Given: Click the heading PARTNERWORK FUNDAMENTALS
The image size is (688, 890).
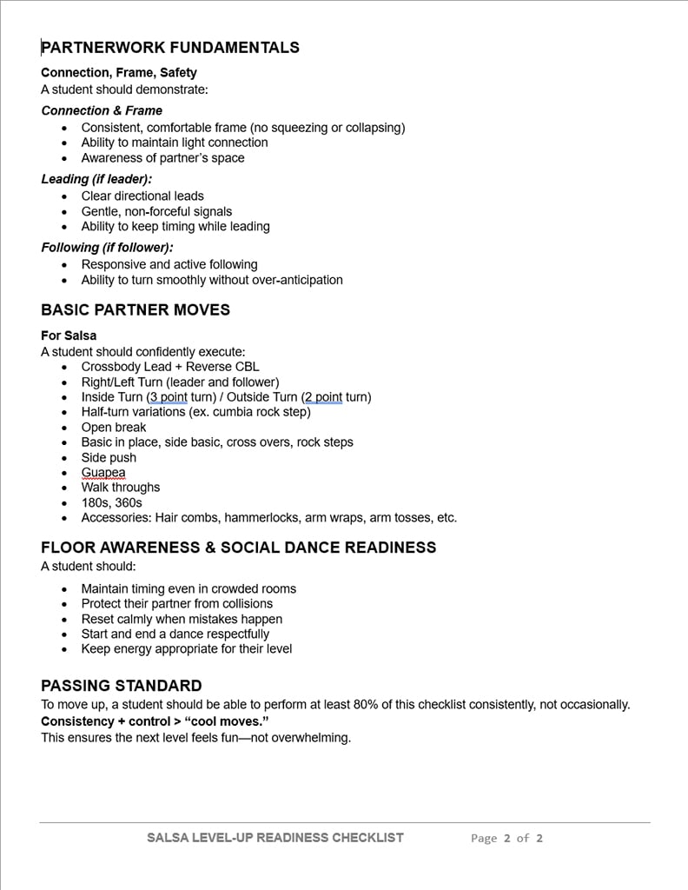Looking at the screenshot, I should pos(170,48).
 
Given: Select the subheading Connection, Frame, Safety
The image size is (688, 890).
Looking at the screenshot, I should pos(119,73).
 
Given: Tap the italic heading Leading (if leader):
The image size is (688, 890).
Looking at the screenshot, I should pos(96,179).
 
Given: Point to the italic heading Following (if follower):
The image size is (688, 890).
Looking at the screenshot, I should pos(107,248).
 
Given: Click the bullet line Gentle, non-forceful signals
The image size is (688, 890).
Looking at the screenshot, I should pos(156,211).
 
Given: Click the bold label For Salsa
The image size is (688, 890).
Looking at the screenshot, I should pos(69,335).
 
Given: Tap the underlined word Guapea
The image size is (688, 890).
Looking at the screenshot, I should pos(103,473).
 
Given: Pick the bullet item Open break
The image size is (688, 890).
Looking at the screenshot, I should pos(114,428).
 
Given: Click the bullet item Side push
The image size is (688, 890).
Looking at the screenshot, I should pos(109,457).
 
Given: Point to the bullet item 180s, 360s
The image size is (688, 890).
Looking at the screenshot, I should pos(111,502).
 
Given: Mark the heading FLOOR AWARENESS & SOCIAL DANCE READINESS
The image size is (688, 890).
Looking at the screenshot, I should pos(239,548).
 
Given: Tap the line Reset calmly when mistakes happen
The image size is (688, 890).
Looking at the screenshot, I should pos(182,619).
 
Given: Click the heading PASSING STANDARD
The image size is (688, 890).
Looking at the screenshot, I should pos(122,686).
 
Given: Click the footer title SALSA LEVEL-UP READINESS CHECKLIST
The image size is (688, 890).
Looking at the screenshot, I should pos(275,838).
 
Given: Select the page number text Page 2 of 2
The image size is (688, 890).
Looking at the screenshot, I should pos(506,839).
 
